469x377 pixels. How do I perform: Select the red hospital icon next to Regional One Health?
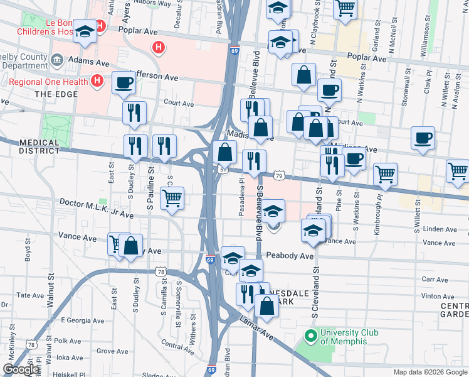point(97,80)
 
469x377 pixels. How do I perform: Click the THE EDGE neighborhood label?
point(55,94)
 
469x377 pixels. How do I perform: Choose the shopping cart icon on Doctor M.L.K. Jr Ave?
point(172,199)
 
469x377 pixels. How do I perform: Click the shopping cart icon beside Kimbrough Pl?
point(385,174)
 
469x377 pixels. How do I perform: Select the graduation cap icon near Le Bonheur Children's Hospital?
point(84,32)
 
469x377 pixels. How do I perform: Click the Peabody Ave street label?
point(289,256)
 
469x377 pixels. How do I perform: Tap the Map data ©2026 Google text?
point(430,372)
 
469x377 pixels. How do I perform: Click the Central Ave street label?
point(172,344)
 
